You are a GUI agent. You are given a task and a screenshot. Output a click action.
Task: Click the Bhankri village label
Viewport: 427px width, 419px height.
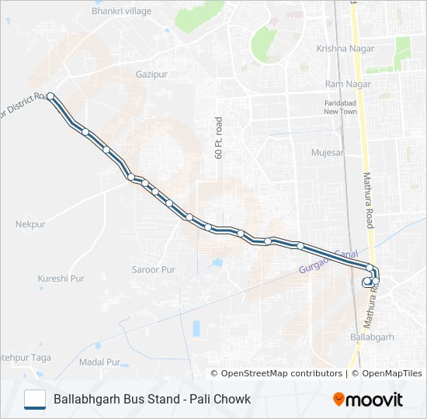[x=121, y=12]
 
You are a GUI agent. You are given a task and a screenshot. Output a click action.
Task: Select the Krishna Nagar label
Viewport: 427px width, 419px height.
[x=345, y=48]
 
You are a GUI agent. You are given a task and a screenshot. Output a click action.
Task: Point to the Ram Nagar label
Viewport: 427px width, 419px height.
[x=345, y=84]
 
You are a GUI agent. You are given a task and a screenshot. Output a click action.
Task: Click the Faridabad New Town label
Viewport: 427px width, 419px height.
[x=340, y=107]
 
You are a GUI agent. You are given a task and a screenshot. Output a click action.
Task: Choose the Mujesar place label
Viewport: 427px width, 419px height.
[x=327, y=153]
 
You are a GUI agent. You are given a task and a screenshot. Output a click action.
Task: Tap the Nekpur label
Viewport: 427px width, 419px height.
[x=31, y=224]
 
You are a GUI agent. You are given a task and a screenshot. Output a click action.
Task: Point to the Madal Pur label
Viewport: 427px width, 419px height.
[x=100, y=362]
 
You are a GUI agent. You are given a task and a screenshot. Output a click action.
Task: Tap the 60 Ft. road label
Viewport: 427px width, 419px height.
[x=219, y=138]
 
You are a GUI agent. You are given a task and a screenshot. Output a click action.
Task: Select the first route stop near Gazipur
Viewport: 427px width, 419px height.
[x=50, y=96]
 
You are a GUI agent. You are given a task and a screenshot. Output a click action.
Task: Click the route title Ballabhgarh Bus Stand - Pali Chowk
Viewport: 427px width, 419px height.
[x=152, y=400]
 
